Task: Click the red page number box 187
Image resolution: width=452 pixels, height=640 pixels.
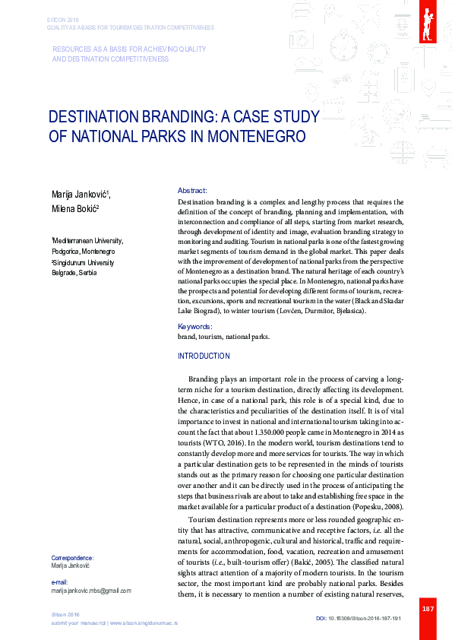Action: [x=428, y=609]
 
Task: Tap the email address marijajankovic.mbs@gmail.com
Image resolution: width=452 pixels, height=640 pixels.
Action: [x=91, y=590]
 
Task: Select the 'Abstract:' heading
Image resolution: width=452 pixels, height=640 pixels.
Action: [x=192, y=190]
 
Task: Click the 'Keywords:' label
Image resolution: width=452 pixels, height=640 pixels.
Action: [x=194, y=326]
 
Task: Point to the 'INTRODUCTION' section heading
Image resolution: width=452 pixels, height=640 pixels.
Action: [x=203, y=356]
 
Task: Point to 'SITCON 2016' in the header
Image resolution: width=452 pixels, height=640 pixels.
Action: [x=62, y=19]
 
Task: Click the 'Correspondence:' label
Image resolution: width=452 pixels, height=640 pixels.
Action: [x=72, y=557]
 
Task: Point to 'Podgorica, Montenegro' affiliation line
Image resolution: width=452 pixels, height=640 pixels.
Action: [x=83, y=251]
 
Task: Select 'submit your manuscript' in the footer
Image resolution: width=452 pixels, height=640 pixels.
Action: [x=77, y=623]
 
